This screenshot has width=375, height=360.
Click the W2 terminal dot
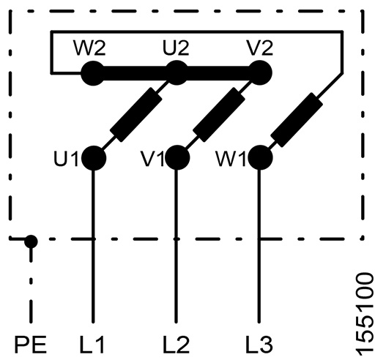click(93, 73)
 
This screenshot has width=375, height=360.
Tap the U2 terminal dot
click(177, 73)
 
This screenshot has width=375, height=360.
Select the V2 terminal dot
click(260, 73)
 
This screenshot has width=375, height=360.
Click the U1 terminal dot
click(94, 158)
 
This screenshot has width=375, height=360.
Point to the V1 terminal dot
click(177, 157)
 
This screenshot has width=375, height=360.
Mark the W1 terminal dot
click(260, 157)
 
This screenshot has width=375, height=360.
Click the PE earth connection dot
click(31, 241)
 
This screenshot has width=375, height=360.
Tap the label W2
click(89, 48)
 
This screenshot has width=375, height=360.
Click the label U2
click(176, 48)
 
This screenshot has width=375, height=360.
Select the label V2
click(260, 48)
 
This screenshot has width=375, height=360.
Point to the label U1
click(66, 159)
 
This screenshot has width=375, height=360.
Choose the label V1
click(152, 159)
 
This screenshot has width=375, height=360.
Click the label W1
click(231, 159)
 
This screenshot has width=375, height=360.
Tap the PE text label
click(31, 345)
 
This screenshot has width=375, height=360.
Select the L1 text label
click(92, 345)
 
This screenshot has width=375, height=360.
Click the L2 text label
click(177, 345)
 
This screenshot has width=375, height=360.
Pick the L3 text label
click(259, 345)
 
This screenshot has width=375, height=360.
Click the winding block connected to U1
click(136, 114)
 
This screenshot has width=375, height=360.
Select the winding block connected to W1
click(297, 120)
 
